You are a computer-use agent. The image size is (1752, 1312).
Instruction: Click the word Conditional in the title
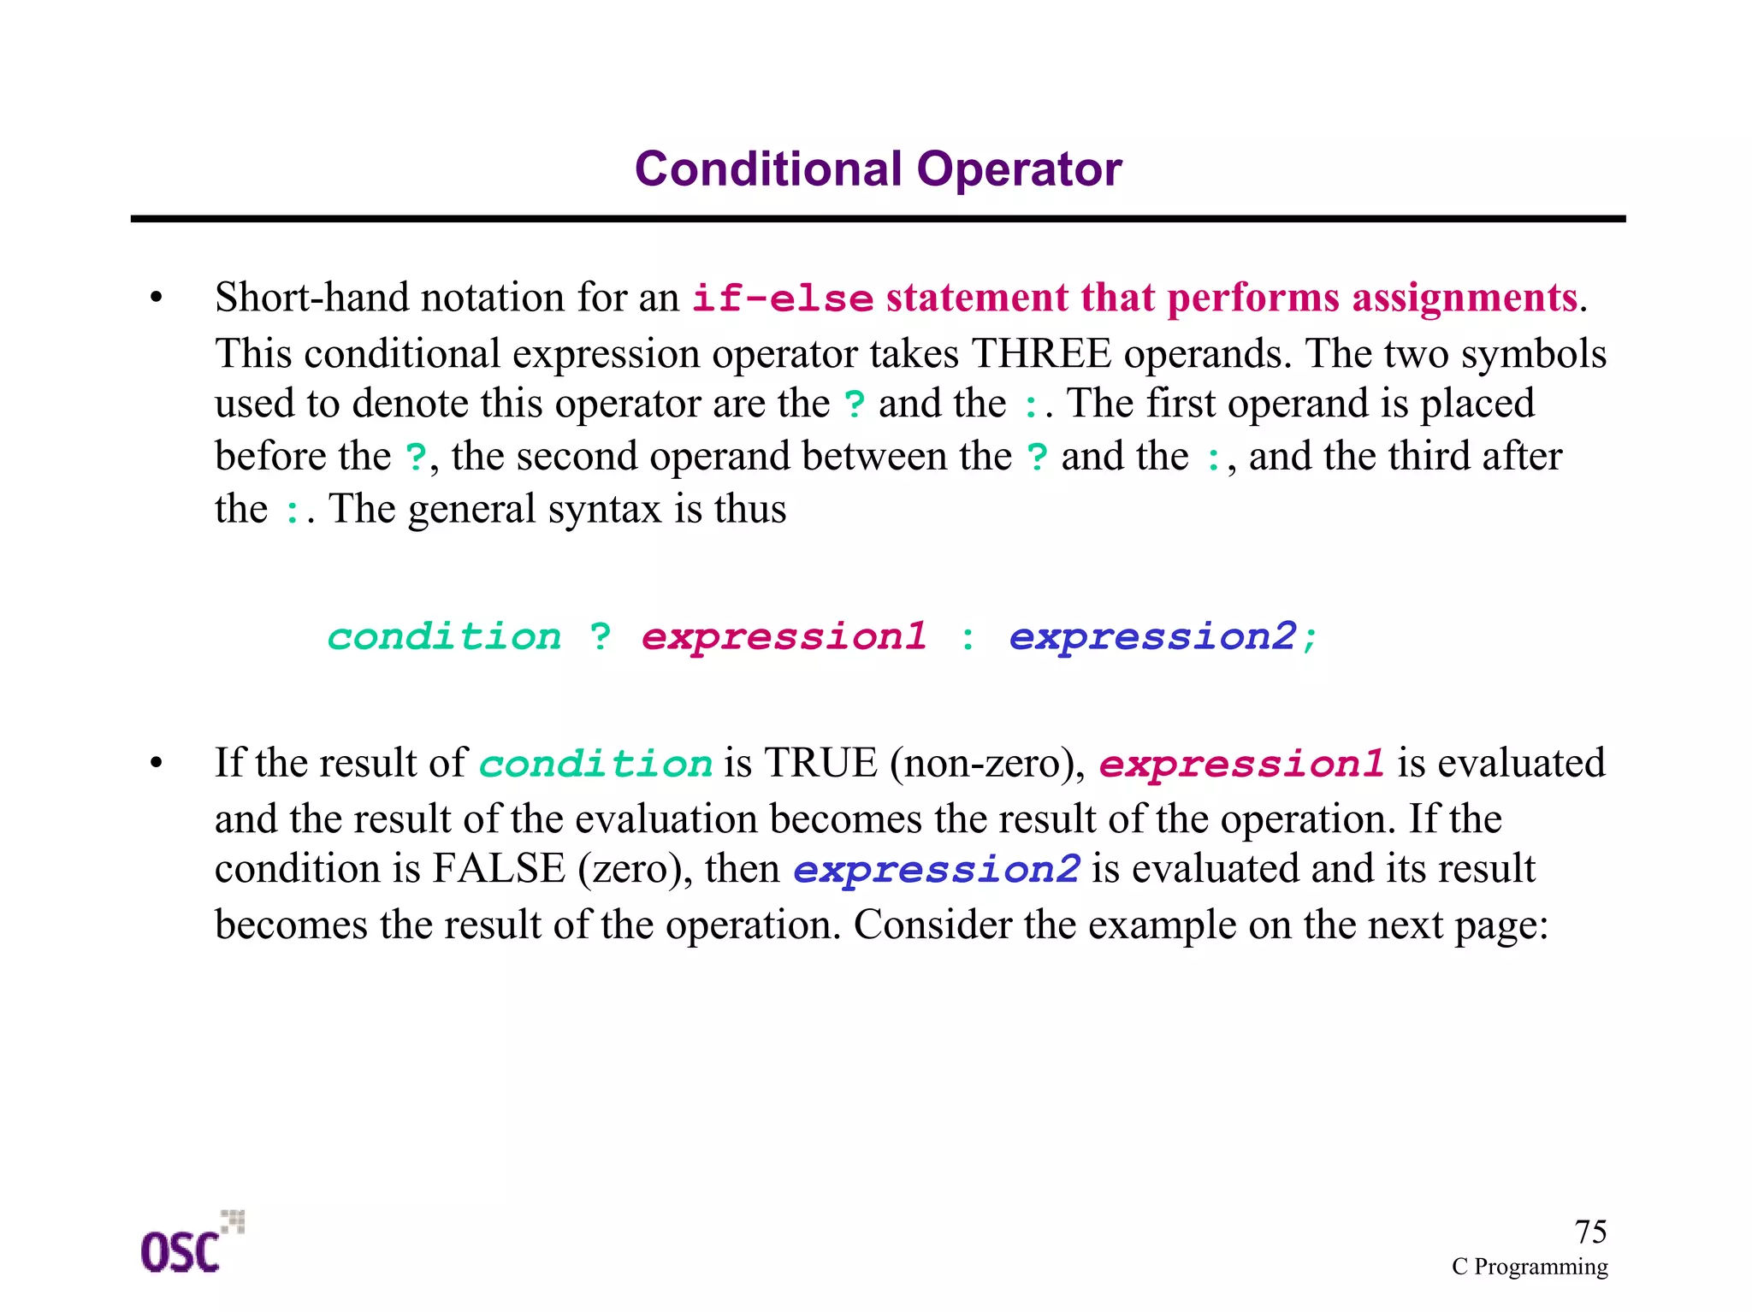click(767, 168)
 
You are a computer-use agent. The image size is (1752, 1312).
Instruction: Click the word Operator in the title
click(1019, 168)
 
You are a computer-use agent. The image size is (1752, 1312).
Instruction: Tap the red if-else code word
click(782, 298)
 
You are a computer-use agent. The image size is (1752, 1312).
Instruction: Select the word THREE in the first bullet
click(1041, 353)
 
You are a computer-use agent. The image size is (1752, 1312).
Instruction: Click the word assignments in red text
click(1464, 298)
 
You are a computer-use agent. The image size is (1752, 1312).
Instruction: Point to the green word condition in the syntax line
click(444, 636)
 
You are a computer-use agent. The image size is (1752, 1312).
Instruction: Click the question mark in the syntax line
click(601, 636)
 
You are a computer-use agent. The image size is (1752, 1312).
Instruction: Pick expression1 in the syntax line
click(784, 636)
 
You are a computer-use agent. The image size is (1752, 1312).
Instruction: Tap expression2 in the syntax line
click(1152, 636)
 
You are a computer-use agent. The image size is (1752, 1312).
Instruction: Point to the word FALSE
click(499, 869)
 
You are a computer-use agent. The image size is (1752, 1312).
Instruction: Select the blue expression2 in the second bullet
click(936, 870)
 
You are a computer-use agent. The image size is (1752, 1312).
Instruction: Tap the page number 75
click(1589, 1232)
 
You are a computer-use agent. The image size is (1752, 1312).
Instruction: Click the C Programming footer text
click(1529, 1267)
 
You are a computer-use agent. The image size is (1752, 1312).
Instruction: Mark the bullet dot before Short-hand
click(156, 298)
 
